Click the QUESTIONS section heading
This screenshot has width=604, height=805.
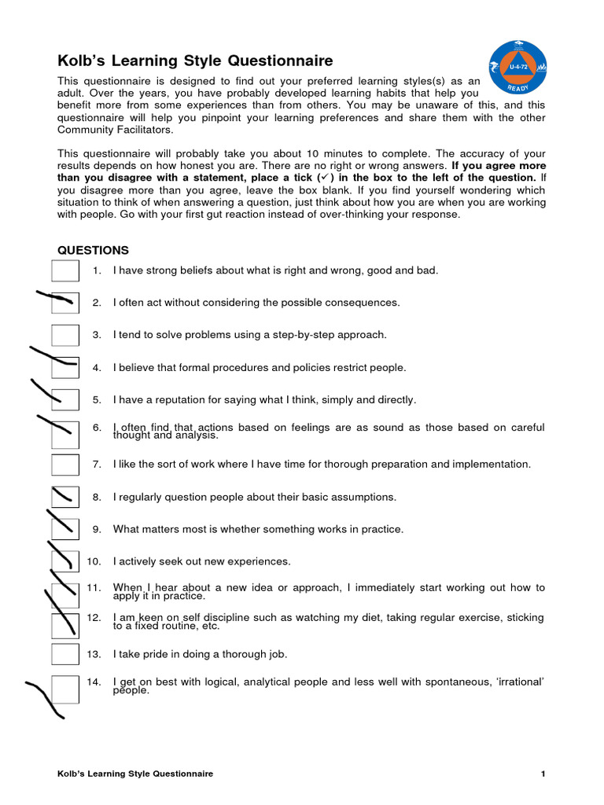pos(94,250)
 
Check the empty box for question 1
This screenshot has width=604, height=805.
pos(65,270)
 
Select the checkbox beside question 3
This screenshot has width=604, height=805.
pos(65,335)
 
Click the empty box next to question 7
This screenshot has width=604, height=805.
pos(65,465)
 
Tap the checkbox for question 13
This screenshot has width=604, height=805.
pos(65,654)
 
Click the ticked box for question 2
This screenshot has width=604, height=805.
pos(65,303)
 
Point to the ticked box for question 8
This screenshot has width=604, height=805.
pos(65,497)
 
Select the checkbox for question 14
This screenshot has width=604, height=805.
pos(65,686)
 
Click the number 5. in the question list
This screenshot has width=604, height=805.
pos(97,400)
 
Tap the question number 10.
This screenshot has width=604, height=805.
pos(94,561)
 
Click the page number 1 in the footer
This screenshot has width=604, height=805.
pos(543,774)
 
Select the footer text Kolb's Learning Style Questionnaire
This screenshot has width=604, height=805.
pos(135,774)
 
